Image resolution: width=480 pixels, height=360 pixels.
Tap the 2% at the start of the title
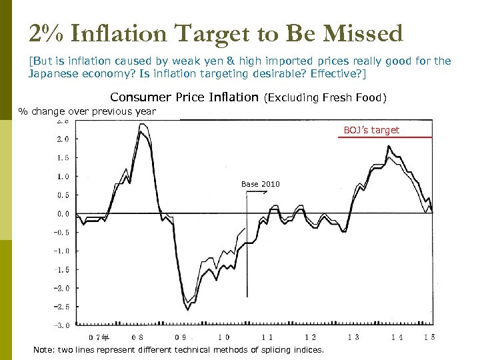(x=44, y=33)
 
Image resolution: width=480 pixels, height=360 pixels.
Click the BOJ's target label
(x=371, y=130)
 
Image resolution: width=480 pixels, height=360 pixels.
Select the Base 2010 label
(x=261, y=184)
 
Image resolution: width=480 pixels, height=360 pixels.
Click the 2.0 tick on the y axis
(x=62, y=139)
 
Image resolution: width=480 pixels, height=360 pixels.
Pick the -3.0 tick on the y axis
(x=62, y=325)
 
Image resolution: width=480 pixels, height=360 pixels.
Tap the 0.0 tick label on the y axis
(x=62, y=214)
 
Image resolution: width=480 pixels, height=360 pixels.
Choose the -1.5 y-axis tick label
(x=62, y=270)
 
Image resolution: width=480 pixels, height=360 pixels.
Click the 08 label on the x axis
(x=138, y=337)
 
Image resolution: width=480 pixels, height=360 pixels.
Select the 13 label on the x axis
(x=353, y=337)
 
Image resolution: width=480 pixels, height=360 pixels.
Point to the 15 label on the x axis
(x=430, y=337)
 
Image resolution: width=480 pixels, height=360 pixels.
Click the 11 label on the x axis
(x=267, y=337)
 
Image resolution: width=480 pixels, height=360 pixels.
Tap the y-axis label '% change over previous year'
(x=87, y=111)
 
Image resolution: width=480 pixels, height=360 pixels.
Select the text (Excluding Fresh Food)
(x=325, y=98)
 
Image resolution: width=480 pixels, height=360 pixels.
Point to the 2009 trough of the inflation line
(x=188, y=309)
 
